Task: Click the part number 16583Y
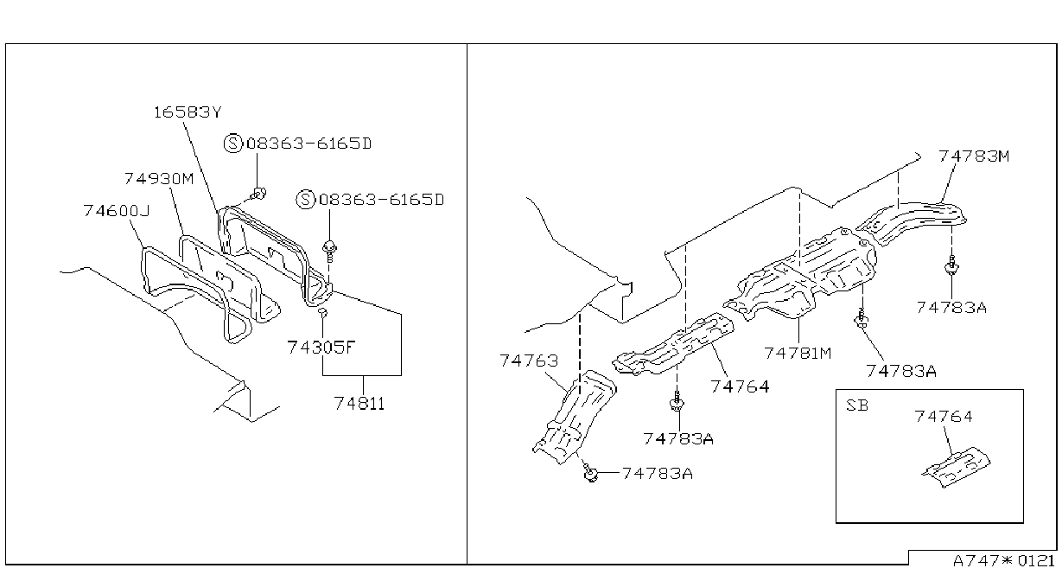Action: [188, 112]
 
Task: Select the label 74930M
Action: [159, 179]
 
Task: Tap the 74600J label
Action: [116, 211]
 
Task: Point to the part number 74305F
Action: [321, 348]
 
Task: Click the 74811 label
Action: [359, 404]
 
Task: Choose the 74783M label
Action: [974, 156]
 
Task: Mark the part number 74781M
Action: [798, 354]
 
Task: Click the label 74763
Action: [529, 361]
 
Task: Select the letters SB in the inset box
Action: [857, 405]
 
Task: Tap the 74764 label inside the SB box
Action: [944, 417]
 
